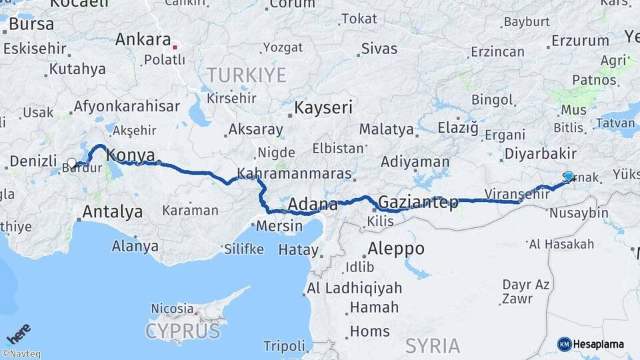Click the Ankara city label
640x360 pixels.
(x=143, y=39)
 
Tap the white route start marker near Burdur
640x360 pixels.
(x=71, y=163)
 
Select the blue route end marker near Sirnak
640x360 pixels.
(x=568, y=176)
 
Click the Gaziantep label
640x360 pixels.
(x=418, y=202)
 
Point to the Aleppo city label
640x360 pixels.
(x=396, y=249)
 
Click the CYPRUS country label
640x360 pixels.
(x=182, y=331)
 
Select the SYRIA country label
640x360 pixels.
(x=433, y=345)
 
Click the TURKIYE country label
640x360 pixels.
(x=246, y=75)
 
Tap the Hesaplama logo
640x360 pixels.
(x=591, y=344)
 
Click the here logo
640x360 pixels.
(x=18, y=333)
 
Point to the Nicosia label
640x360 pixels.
(x=171, y=309)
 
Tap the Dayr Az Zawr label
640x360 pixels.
(x=526, y=291)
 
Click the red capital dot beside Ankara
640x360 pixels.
(x=175, y=47)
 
